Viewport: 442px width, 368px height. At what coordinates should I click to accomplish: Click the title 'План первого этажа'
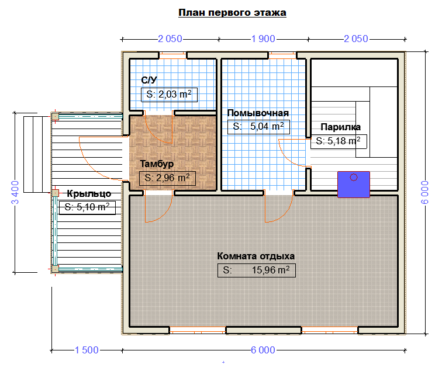pyautogui.click(x=232, y=13)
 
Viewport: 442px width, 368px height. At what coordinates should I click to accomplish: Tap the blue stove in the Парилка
pyautogui.click(x=354, y=185)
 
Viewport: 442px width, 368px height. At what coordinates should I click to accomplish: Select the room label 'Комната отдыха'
pyautogui.click(x=256, y=256)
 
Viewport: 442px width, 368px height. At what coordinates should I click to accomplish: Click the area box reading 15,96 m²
pyautogui.click(x=257, y=270)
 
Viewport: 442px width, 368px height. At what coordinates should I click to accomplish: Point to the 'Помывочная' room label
pyautogui.click(x=258, y=113)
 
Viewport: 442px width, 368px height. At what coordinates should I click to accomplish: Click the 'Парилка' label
pyautogui.click(x=340, y=127)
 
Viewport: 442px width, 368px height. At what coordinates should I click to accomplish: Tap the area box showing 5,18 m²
pyautogui.click(x=339, y=141)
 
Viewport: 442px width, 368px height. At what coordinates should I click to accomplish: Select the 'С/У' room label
pyautogui.click(x=149, y=80)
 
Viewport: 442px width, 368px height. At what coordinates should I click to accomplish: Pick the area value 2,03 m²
pyautogui.click(x=169, y=95)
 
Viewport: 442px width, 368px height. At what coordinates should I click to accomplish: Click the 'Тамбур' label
pyautogui.click(x=157, y=164)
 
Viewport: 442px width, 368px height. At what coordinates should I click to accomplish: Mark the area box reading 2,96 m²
pyautogui.click(x=167, y=178)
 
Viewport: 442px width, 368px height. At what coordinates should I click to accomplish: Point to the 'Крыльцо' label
pyautogui.click(x=89, y=194)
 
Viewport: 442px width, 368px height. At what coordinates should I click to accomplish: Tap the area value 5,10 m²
pyautogui.click(x=87, y=207)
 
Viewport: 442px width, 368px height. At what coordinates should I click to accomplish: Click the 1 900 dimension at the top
pyautogui.click(x=263, y=39)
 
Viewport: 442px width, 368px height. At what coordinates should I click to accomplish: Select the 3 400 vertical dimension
pyautogui.click(x=15, y=192)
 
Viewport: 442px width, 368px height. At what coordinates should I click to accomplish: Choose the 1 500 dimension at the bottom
pyautogui.click(x=87, y=350)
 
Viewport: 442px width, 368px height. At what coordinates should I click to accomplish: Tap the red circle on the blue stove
pyautogui.click(x=354, y=177)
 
